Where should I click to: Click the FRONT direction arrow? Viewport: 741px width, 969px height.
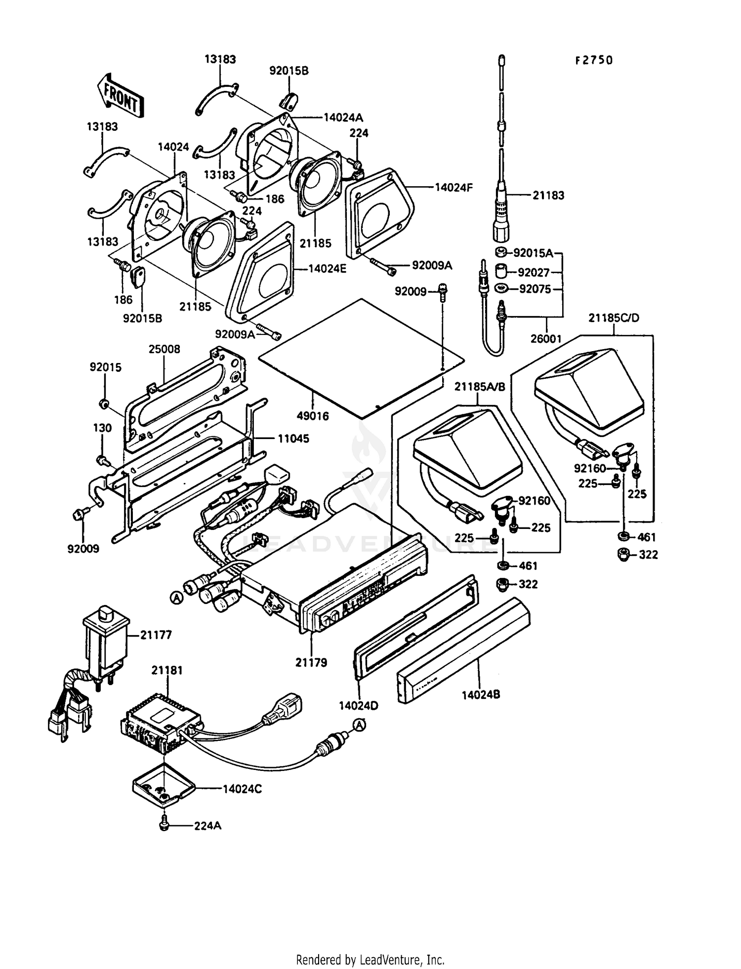[x=120, y=95]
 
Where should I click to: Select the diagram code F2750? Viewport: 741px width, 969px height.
[x=594, y=60]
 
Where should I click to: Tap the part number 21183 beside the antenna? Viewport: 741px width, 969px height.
[x=548, y=195]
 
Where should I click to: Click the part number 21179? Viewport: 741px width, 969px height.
[x=311, y=662]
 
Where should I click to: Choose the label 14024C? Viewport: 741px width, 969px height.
[x=242, y=789]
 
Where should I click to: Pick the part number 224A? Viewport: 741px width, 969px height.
[x=207, y=825]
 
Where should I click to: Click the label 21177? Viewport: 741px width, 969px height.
[x=156, y=635]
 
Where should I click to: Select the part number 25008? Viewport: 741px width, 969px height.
[x=165, y=349]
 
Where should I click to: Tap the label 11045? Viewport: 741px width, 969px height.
[x=293, y=439]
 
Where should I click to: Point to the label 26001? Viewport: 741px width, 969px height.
[x=546, y=339]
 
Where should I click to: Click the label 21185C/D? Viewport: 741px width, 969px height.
[x=614, y=318]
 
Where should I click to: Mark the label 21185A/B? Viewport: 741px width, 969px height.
[x=480, y=387]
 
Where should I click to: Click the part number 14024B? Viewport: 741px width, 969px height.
[x=481, y=694]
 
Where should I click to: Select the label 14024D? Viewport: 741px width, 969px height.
[x=359, y=706]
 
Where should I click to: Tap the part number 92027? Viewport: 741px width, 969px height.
[x=534, y=272]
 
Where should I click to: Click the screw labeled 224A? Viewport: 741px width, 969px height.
[x=165, y=824]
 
